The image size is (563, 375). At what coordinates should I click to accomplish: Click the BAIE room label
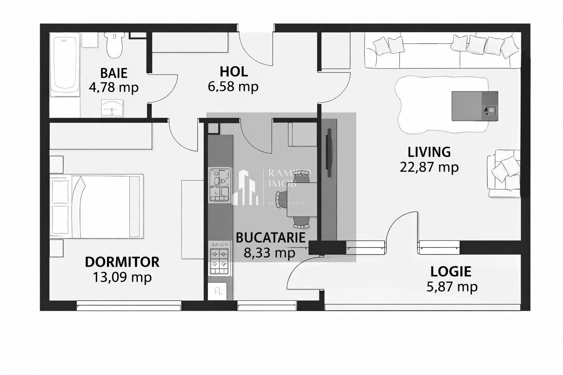[114, 73]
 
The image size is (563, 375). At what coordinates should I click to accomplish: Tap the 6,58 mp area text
[233, 87]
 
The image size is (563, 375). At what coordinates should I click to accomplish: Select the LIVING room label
[429, 152]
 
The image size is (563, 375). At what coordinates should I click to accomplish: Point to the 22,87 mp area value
[429, 167]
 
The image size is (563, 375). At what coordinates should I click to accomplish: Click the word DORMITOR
[122, 262]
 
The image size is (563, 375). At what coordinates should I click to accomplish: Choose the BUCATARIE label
[271, 237]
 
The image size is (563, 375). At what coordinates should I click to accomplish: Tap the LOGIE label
[451, 271]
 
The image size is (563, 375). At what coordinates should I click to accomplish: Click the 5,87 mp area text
[452, 286]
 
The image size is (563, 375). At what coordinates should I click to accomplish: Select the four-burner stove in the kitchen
[219, 258]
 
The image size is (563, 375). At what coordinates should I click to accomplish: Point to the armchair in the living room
[504, 173]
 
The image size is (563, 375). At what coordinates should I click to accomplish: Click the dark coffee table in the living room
[475, 106]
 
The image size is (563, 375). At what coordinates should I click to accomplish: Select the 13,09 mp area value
[122, 277]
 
